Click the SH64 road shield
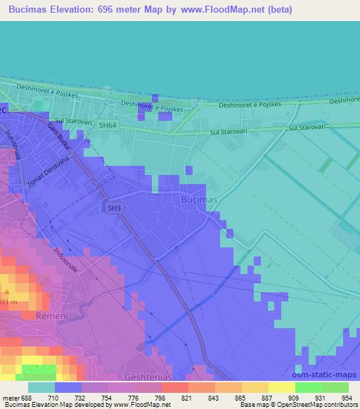click(x=108, y=125)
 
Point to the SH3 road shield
click(x=113, y=208)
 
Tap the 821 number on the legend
click(x=186, y=398)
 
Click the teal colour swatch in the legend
click(x=41, y=387)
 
